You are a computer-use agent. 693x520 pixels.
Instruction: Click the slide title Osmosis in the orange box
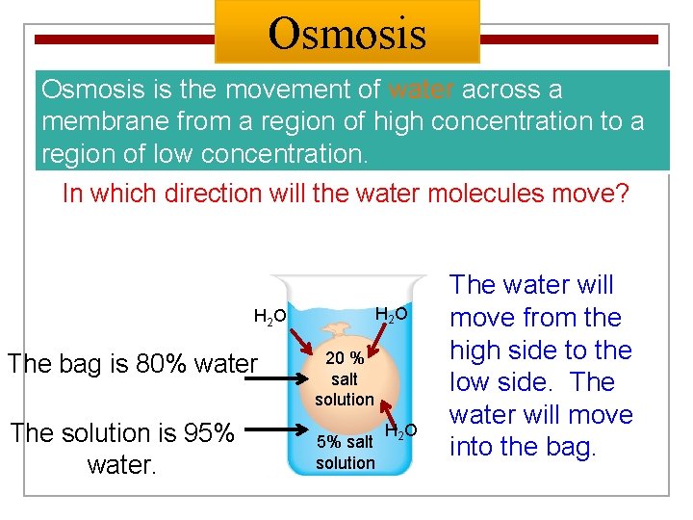[346, 33]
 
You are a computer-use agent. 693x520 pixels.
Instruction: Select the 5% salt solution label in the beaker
[345, 453]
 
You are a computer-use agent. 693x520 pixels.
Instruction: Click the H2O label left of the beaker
[269, 316]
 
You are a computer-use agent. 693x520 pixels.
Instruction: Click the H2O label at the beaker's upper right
[390, 314]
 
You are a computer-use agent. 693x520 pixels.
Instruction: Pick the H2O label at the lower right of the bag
[400, 430]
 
